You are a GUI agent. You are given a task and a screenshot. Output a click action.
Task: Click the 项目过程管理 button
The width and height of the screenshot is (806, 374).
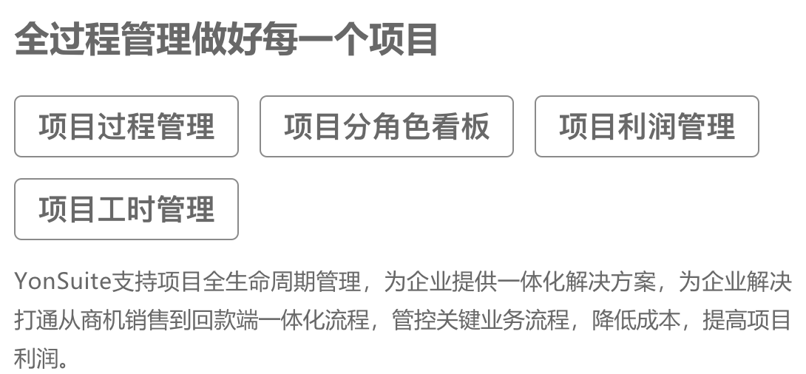click(x=126, y=126)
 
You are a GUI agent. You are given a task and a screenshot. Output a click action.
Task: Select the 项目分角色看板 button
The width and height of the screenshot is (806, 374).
click(x=387, y=126)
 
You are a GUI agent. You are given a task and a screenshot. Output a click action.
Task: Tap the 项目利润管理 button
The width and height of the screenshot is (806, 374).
click(x=647, y=126)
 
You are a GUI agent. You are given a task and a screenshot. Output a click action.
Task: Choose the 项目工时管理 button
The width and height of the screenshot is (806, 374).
click(x=126, y=209)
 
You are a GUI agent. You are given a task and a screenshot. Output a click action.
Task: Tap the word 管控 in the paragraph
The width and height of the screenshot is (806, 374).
click(x=414, y=321)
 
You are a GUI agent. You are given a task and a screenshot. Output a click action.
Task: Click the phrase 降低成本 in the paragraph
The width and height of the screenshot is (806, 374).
click(x=637, y=321)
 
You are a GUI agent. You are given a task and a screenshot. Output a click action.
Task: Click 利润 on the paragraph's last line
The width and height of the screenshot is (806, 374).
click(x=36, y=358)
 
